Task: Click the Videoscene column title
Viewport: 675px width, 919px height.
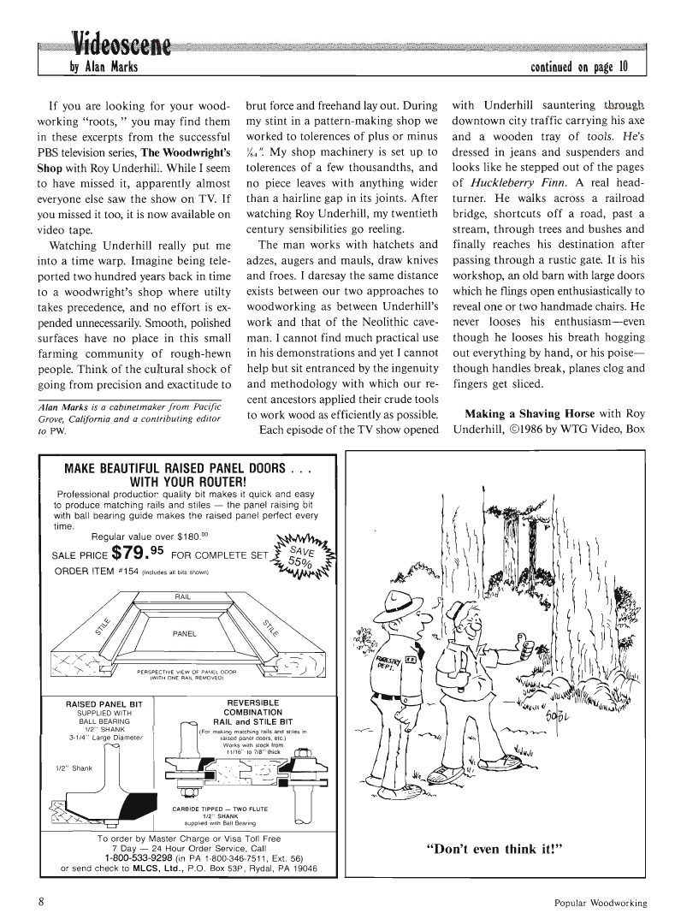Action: click(x=121, y=41)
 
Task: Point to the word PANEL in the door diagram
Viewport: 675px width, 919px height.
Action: click(x=186, y=633)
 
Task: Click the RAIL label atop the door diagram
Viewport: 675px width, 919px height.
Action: click(x=182, y=597)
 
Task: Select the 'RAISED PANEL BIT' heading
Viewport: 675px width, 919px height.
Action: click(x=102, y=703)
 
